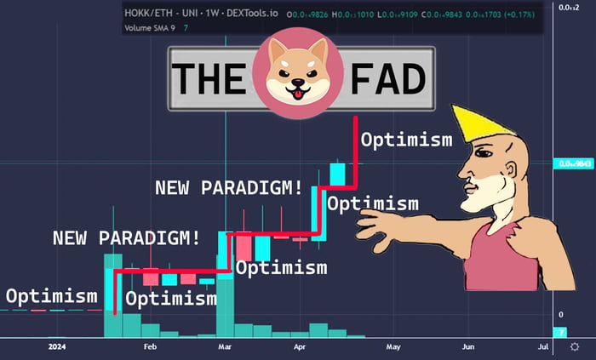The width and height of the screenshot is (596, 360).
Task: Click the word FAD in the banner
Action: pos(387,79)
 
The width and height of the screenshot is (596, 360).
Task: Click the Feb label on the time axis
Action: pos(151,347)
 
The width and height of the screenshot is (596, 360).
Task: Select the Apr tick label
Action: pos(300,347)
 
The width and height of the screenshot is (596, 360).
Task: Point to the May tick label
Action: pos(393,347)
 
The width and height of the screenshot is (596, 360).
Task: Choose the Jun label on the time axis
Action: pos(467,347)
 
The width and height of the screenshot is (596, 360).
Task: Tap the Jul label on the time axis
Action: pos(543,347)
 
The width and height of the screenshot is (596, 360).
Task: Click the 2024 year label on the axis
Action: pos(56,347)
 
